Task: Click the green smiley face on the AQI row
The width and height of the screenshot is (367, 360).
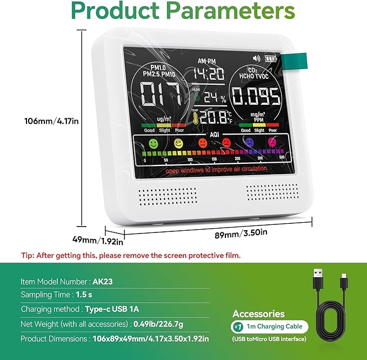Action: pyautogui.click(x=155, y=144)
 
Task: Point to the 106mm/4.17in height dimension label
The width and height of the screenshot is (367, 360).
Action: pyautogui.click(x=52, y=121)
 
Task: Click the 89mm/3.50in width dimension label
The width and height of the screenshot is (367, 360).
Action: pyautogui.click(x=234, y=232)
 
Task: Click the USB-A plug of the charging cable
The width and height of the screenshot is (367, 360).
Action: pyautogui.click(x=317, y=281)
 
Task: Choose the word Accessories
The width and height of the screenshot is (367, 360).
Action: pyautogui.click(x=258, y=314)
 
